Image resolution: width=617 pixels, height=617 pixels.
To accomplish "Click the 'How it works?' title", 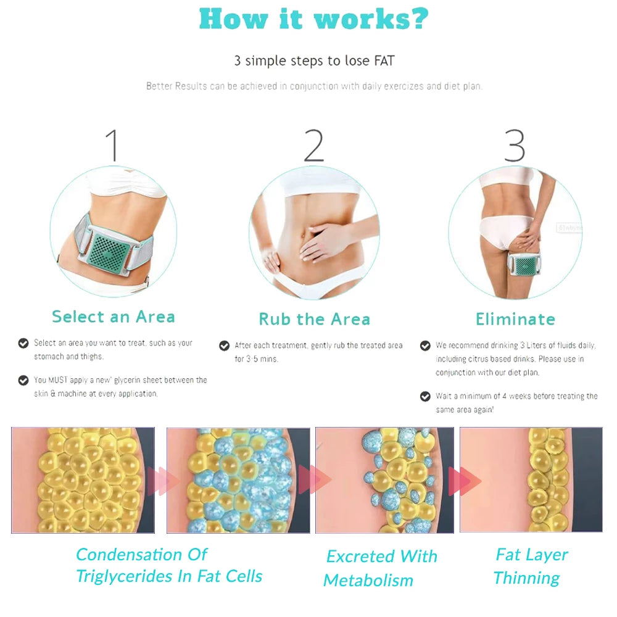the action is tap(313, 19).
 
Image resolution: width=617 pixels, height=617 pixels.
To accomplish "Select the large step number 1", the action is tap(112, 145).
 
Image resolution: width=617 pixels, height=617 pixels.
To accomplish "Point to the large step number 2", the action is tap(313, 146).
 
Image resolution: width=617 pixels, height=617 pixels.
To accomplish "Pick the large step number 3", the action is tap(515, 146).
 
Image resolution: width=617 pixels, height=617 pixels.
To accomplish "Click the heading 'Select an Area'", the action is tap(114, 317).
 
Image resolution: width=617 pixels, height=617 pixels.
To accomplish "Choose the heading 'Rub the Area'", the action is tap(315, 319).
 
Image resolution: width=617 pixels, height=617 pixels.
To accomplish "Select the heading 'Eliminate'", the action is tap(515, 319).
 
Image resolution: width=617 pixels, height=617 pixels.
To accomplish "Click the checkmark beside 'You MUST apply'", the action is tap(23, 380).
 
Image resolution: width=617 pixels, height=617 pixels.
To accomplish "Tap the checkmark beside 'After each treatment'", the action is tap(225, 346).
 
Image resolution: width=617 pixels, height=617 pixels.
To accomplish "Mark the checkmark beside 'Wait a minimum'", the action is tap(425, 396).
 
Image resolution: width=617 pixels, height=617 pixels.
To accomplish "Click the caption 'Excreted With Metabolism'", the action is tap(380, 568).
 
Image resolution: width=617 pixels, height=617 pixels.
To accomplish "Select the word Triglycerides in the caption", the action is tap(125, 576).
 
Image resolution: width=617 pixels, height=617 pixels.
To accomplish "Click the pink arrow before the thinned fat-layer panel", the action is tap(465, 481).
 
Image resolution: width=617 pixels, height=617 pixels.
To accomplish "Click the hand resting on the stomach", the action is tap(321, 241).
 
